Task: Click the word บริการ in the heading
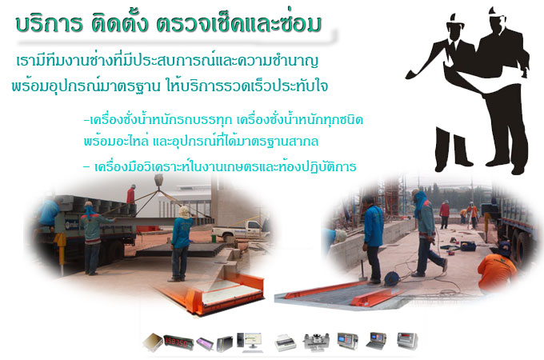[x=49, y=23]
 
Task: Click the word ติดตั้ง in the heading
[x=120, y=22]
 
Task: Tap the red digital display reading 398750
[x=178, y=342]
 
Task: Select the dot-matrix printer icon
[x=285, y=342]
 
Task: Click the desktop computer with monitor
[x=250, y=342]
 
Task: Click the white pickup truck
[x=239, y=230]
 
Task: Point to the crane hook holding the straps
[x=158, y=181]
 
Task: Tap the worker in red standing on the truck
[x=130, y=194]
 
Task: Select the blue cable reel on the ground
[x=391, y=279]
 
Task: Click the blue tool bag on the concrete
[x=468, y=246]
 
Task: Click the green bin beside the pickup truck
[x=214, y=239]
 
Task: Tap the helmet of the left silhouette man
[x=455, y=20]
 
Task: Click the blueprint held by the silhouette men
[x=484, y=78]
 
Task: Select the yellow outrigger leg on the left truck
[x=61, y=247]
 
